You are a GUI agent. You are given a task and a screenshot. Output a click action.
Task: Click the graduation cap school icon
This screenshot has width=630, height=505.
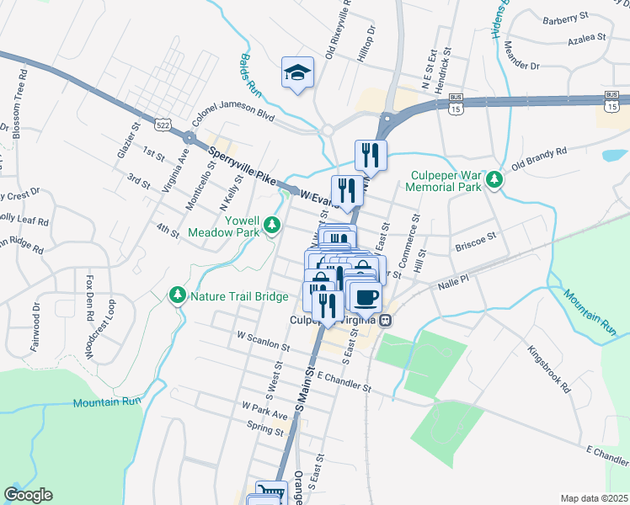297,72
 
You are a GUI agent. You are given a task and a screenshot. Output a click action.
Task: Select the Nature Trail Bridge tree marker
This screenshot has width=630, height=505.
178,295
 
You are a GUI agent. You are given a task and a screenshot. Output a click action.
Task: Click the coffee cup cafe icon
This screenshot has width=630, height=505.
366,298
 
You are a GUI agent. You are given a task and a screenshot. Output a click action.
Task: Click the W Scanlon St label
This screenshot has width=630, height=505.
264,341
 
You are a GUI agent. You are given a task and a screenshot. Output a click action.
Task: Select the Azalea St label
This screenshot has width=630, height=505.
586,38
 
